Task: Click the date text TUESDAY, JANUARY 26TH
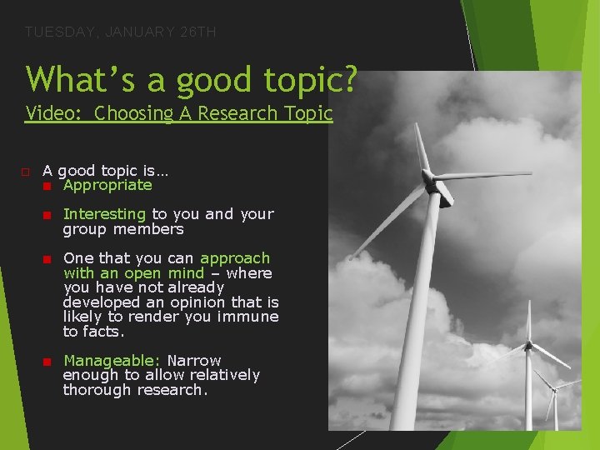point(121,32)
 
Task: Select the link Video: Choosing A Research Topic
point(179,113)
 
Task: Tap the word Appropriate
point(107,185)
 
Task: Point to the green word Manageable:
point(112,361)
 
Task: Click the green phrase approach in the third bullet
point(235,258)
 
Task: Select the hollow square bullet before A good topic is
point(26,172)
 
